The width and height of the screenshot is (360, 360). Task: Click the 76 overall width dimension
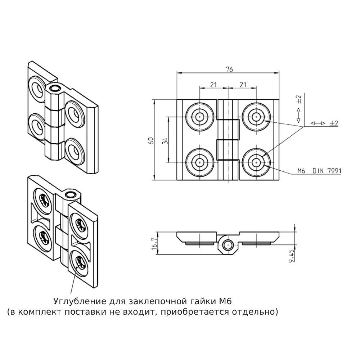[x=229, y=69]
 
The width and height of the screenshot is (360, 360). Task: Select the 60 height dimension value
[x=151, y=140]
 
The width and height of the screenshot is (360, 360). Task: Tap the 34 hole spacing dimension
[x=165, y=140]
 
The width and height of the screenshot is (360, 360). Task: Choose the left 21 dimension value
[x=213, y=85]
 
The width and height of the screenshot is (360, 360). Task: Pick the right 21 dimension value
[x=243, y=85]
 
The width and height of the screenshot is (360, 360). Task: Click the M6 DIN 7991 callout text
[x=319, y=171]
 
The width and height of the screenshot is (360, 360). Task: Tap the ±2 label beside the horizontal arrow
[x=334, y=123]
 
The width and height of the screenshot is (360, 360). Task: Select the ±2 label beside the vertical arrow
[x=299, y=99]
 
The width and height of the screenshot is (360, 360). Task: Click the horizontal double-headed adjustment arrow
[x=318, y=123]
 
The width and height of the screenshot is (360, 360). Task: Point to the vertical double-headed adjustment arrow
[x=299, y=115]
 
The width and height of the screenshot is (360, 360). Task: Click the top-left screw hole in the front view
[x=200, y=117]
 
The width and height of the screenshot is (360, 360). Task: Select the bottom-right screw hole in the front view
[x=256, y=163]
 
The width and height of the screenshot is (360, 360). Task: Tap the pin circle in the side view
[x=228, y=245]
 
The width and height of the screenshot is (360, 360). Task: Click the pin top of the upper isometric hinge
[x=55, y=88]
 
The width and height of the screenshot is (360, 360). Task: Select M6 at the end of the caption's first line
[x=225, y=301]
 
